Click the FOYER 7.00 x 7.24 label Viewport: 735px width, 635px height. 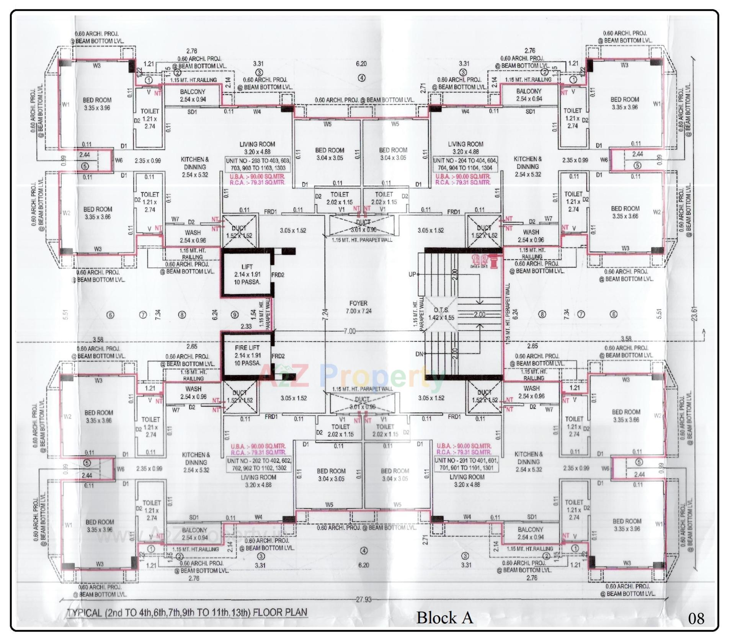pyautogui.click(x=358, y=307)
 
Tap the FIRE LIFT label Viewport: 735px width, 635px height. pyautogui.click(x=247, y=348)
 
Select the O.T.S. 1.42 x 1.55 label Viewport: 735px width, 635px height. pyautogui.click(x=441, y=314)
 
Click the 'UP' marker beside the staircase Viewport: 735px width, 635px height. pyautogui.click(x=412, y=274)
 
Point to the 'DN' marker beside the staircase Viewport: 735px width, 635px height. pyautogui.click(x=419, y=354)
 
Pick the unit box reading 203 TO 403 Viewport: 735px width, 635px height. pyautogui.click(x=258, y=164)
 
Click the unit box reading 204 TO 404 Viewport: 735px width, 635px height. pyautogui.click(x=465, y=164)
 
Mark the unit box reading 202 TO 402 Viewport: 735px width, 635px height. pyautogui.click(x=259, y=464)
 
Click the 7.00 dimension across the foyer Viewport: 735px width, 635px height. pyautogui.click(x=349, y=331)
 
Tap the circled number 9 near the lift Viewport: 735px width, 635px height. pyautogui.click(x=235, y=315)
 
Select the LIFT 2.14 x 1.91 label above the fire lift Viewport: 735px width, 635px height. pyautogui.click(x=247, y=274)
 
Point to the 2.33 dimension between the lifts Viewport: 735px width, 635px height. pyautogui.click(x=246, y=326)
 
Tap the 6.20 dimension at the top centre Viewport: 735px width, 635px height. pyautogui.click(x=361, y=64)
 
